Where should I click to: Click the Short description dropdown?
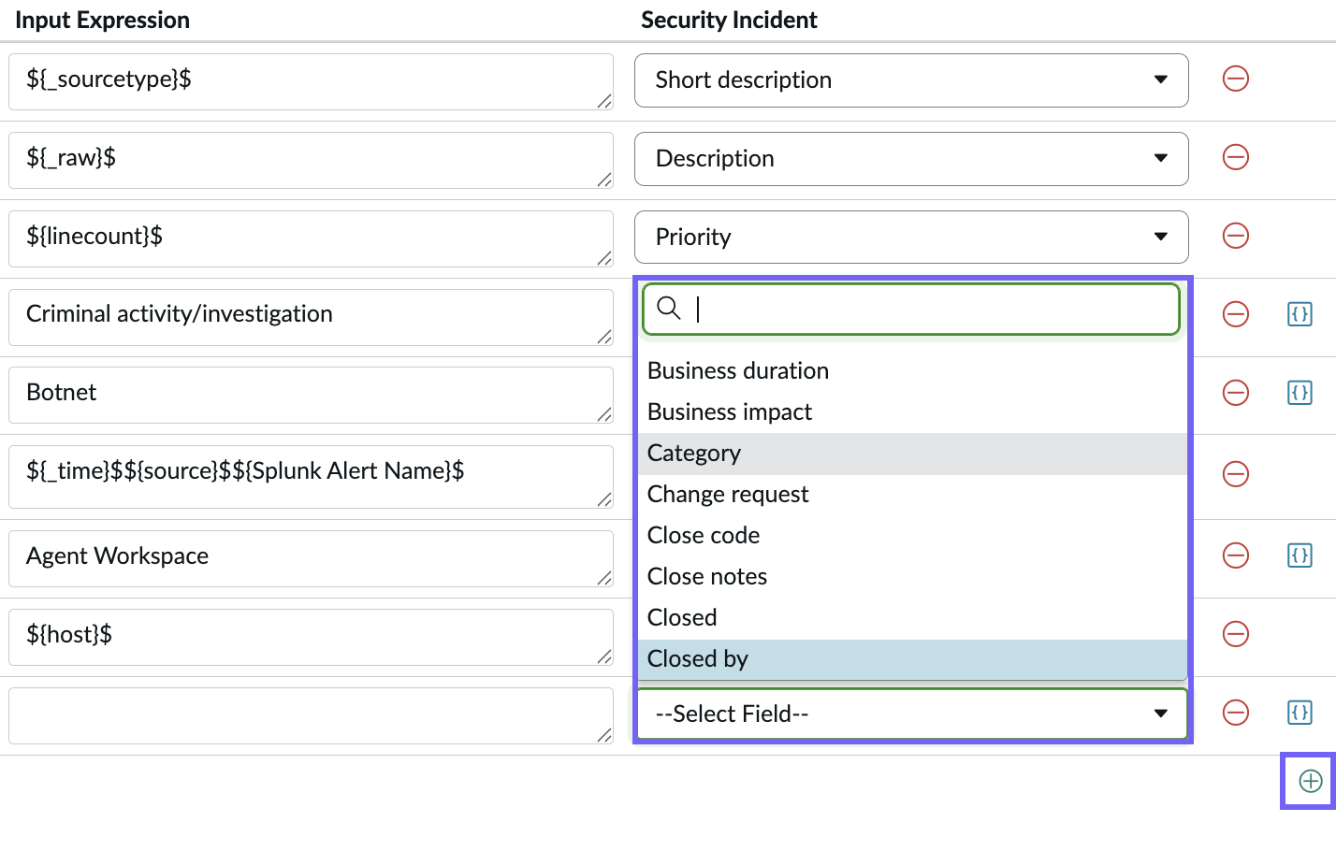[x=910, y=79]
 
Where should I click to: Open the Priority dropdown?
[x=910, y=237]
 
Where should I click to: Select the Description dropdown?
[x=910, y=159]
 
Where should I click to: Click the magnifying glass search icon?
[x=668, y=309]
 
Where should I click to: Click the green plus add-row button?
[x=1311, y=781]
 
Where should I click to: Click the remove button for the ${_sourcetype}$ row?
[x=1235, y=79]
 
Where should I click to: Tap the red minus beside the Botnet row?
[x=1235, y=393]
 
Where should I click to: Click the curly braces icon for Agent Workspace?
[x=1300, y=555]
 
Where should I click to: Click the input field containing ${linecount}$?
[x=311, y=238]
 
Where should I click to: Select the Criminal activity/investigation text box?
[x=311, y=317]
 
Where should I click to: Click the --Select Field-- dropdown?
[x=912, y=714]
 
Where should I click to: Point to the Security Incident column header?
[x=729, y=21]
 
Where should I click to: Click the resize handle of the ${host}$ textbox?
[x=604, y=656]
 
